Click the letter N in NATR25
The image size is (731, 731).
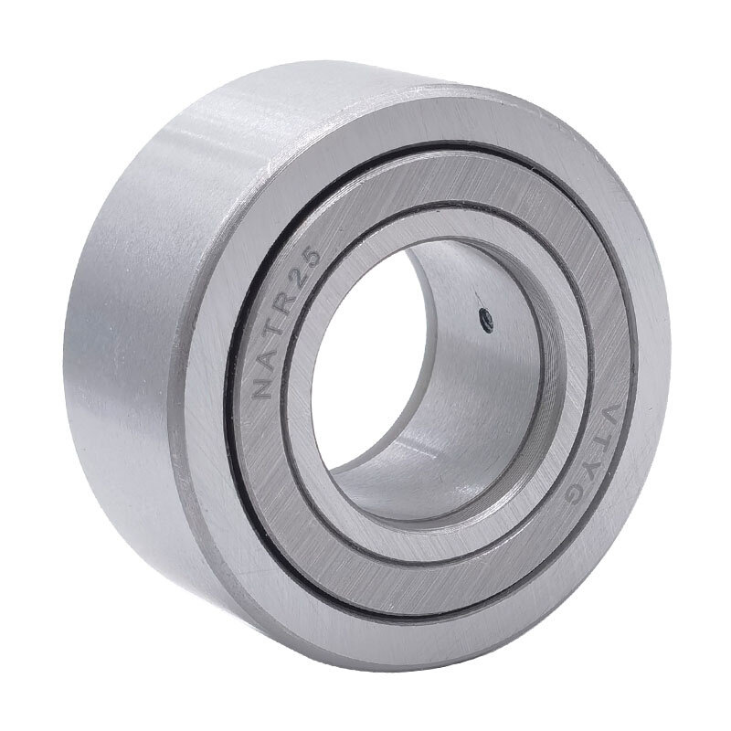(263, 385)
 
